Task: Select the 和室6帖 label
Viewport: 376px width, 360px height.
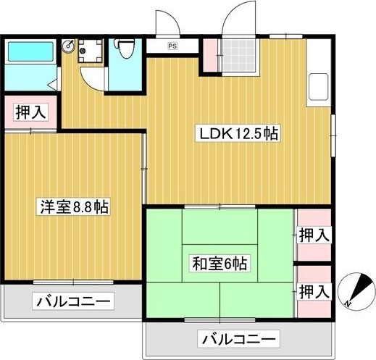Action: click(x=220, y=264)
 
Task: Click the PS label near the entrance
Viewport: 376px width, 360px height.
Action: click(x=172, y=46)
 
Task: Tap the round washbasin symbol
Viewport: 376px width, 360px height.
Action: click(x=70, y=44)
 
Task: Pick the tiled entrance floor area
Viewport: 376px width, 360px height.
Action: click(x=238, y=55)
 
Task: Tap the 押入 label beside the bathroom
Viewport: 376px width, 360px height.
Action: click(x=29, y=112)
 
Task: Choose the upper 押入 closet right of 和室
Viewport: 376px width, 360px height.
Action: click(x=314, y=235)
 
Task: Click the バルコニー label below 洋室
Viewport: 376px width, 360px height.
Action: click(x=73, y=300)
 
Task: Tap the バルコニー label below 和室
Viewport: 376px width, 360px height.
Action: click(x=238, y=338)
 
